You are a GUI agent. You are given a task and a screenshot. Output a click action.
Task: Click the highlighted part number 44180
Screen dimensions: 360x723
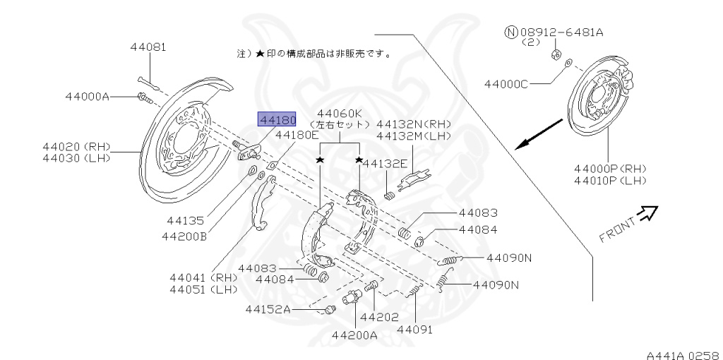pos(277,120)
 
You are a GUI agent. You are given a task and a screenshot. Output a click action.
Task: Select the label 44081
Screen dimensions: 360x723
pos(148,48)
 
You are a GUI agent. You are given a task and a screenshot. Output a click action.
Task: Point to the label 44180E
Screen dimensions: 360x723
pos(297,134)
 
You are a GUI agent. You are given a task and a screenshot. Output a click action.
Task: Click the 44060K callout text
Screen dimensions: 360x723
pos(339,113)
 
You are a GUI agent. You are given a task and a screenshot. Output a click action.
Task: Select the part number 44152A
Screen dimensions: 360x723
pos(268,309)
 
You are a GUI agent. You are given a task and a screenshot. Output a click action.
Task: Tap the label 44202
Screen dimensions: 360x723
pos(379,317)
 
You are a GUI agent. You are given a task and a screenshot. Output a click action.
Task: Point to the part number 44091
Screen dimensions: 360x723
pos(414,329)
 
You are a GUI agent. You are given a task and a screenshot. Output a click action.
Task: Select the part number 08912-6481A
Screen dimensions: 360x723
pos(558,32)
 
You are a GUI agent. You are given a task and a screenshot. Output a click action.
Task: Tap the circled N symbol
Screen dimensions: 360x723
pos(511,32)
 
